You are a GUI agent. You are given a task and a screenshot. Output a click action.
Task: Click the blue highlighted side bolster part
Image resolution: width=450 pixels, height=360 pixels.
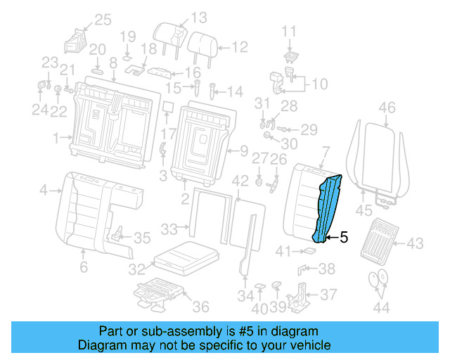click(328, 208)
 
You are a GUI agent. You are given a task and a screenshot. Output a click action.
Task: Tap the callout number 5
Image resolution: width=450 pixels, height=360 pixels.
click(344, 238)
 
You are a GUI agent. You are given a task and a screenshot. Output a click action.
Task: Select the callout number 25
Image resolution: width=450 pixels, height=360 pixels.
click(103, 20)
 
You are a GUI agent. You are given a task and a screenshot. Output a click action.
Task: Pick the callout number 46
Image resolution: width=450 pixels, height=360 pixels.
click(387, 108)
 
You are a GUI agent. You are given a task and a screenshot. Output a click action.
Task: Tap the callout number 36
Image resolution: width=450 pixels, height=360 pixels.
click(200, 306)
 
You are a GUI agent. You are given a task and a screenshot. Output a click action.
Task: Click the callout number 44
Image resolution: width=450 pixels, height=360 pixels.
click(382, 307)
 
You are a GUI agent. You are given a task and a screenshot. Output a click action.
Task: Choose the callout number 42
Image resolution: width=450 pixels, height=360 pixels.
click(240, 181)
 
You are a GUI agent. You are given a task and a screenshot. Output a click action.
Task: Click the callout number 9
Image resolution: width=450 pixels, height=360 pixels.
click(243, 150)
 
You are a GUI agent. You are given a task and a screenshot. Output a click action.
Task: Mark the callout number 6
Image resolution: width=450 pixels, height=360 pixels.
click(83, 267)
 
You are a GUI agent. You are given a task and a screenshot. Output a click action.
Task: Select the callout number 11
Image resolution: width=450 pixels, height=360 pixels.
click(290, 31)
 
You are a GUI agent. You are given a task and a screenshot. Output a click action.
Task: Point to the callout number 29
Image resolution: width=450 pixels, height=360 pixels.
click(309, 129)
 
